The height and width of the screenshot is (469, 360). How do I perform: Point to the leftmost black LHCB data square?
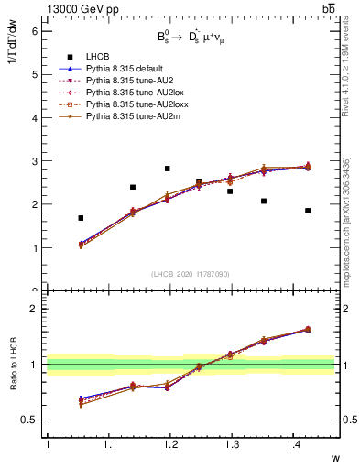pyautogui.click(x=81, y=218)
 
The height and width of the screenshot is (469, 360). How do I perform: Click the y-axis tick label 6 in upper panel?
pyautogui.click(x=34, y=31)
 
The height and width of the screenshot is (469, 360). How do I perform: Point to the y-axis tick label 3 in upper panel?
pyautogui.click(x=34, y=161)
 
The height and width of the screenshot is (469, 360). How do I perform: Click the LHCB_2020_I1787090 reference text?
pyautogui.click(x=190, y=275)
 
